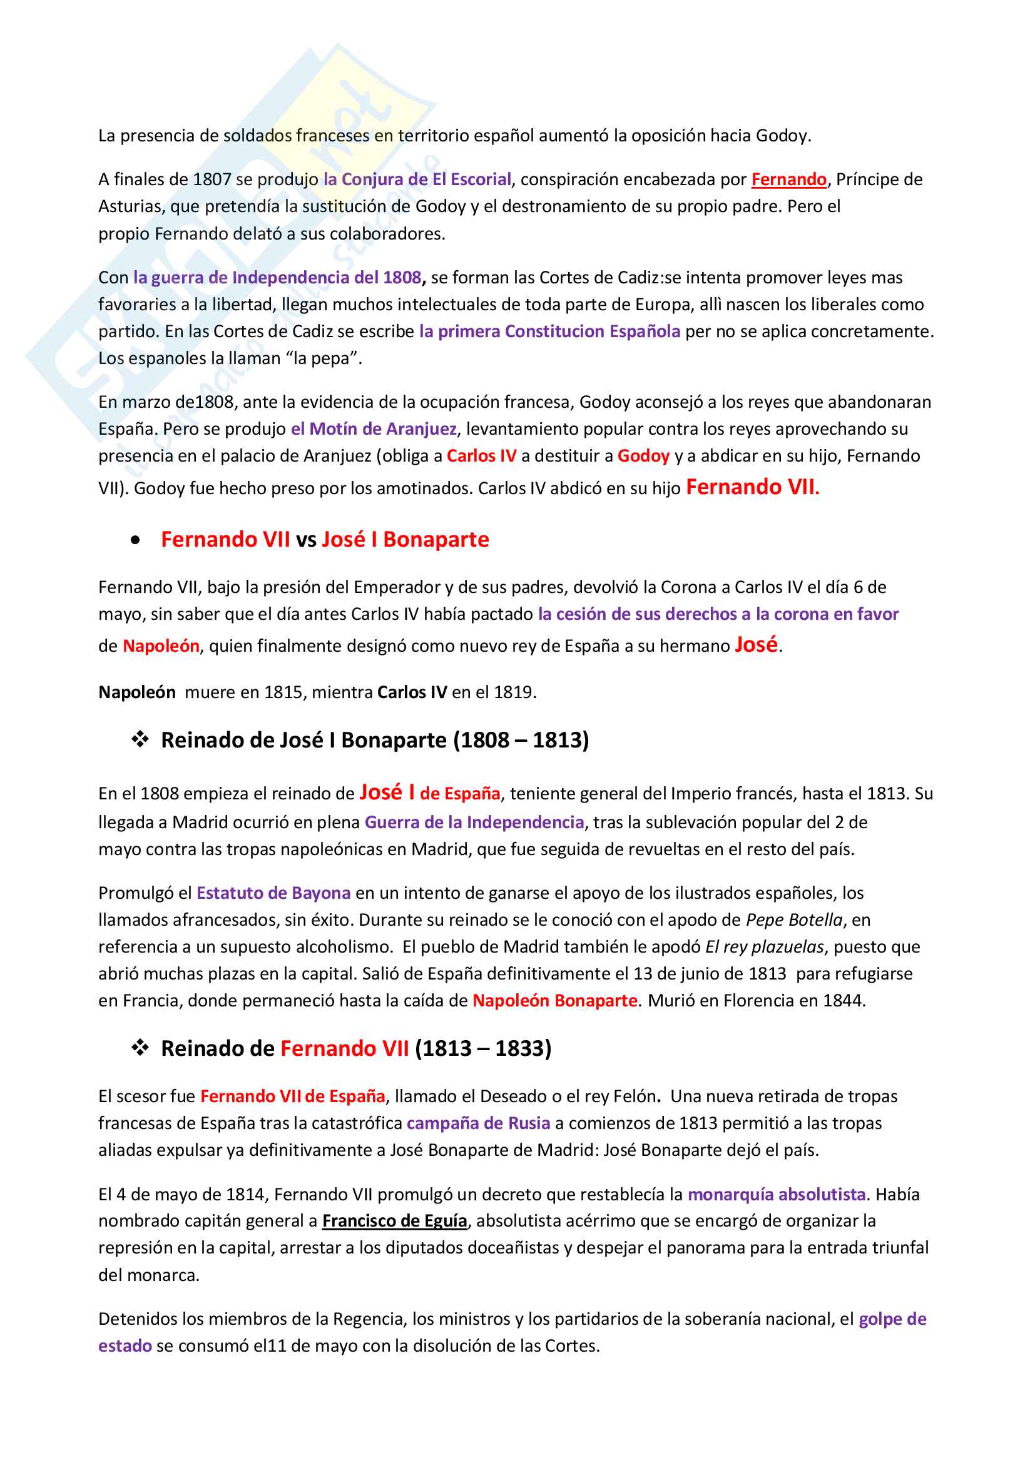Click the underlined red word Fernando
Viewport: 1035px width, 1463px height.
click(788, 180)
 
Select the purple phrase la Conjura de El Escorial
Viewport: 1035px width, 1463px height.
click(417, 180)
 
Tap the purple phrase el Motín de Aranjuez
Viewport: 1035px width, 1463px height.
click(374, 429)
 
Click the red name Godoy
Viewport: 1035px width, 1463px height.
click(643, 456)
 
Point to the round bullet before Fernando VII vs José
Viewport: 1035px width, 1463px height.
click(135, 540)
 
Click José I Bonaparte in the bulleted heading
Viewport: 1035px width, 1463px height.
click(405, 540)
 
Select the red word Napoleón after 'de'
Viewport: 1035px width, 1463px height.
click(161, 646)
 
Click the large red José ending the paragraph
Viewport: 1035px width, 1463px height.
click(756, 645)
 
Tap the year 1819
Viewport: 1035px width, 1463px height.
click(513, 692)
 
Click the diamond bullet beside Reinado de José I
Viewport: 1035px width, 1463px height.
click(140, 739)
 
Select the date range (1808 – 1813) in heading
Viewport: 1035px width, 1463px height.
click(521, 740)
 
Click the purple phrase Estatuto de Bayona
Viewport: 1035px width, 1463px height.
click(273, 893)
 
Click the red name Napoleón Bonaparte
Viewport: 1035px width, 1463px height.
click(554, 1000)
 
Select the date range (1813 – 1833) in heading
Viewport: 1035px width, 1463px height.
click(482, 1048)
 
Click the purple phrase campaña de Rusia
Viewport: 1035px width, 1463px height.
click(478, 1123)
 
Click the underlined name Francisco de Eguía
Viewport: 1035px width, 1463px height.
click(394, 1221)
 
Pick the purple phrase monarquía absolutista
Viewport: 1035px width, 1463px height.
click(776, 1194)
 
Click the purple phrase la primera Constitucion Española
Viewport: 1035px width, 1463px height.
click(549, 332)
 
